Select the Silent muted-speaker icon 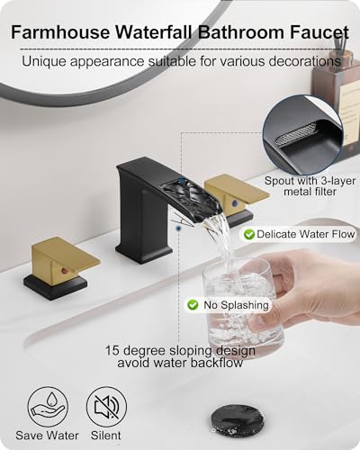point(106,406)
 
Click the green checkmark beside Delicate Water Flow point(248,234)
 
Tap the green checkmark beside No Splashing point(192,305)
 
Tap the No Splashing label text point(231,305)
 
